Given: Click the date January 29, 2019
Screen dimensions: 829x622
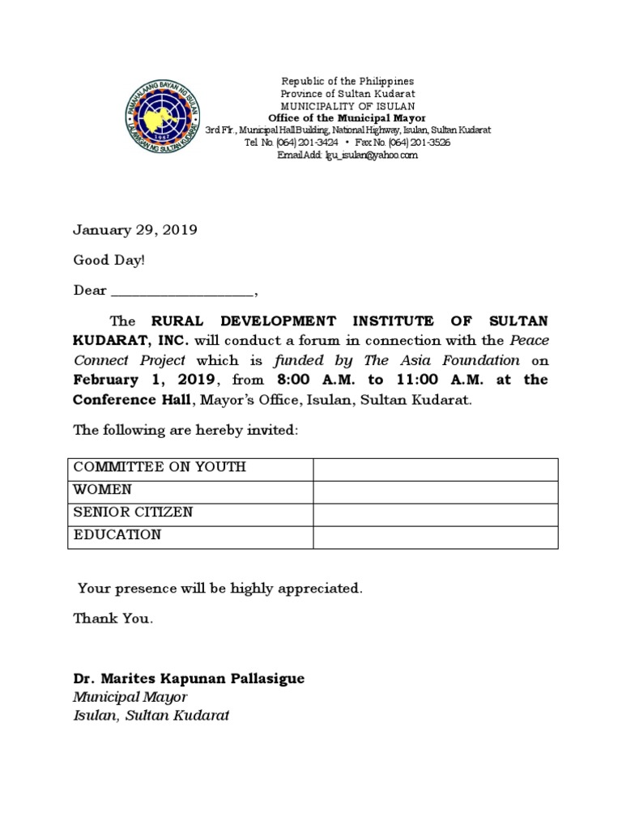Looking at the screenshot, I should click(x=135, y=230).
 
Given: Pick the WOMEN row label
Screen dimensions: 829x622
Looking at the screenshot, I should click(x=103, y=491).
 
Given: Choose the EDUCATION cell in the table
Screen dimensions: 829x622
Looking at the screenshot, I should click(x=117, y=535).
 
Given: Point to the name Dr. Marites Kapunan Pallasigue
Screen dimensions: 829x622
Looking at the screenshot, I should click(x=189, y=678).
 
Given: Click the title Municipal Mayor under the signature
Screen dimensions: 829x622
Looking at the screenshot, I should click(x=130, y=697).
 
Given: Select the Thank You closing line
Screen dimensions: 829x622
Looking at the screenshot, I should click(x=113, y=619).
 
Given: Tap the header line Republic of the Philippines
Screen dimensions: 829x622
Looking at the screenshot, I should click(x=347, y=82).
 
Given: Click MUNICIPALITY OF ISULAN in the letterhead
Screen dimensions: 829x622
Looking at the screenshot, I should click(x=347, y=106).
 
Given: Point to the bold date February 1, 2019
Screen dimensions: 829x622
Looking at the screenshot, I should click(x=143, y=380).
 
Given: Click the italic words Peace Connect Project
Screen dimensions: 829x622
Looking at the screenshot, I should click(x=130, y=360).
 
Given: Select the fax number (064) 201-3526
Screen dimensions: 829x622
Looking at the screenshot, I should click(x=422, y=142).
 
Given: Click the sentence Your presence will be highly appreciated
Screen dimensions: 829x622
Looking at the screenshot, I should click(x=219, y=589).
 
